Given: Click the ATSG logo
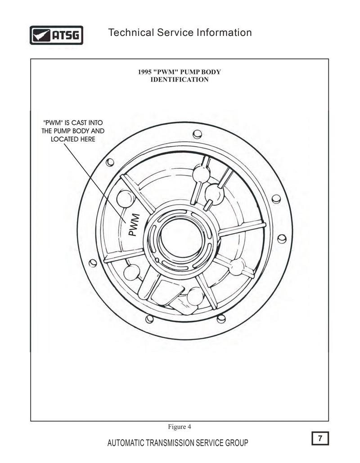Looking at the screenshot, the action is coord(56,35).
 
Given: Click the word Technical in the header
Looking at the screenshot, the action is coord(131,32).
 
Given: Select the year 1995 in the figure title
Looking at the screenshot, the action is coord(145,72).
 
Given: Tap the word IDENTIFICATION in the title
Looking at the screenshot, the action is coord(180,80).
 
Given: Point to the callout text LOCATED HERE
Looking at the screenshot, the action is coord(73,139).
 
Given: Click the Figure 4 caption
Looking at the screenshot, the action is coord(180,427).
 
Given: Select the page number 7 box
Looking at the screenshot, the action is coord(320,438).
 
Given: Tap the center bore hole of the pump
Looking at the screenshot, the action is coord(181,238).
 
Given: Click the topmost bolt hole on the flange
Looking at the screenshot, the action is coord(197,135).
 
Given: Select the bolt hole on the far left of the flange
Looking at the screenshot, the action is coord(93,263).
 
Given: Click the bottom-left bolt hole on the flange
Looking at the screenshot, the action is coord(150,319).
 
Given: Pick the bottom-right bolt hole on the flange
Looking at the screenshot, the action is coord(221,319).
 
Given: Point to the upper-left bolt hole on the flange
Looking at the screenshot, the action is coord(110,162).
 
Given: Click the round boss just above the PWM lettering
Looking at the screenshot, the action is coord(126,198).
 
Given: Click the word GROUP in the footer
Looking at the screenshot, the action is coord(237,443).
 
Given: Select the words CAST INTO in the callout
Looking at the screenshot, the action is coord(87,123).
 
